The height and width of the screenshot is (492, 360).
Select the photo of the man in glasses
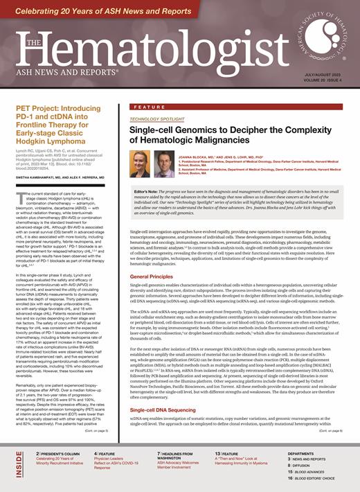point(163,164)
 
